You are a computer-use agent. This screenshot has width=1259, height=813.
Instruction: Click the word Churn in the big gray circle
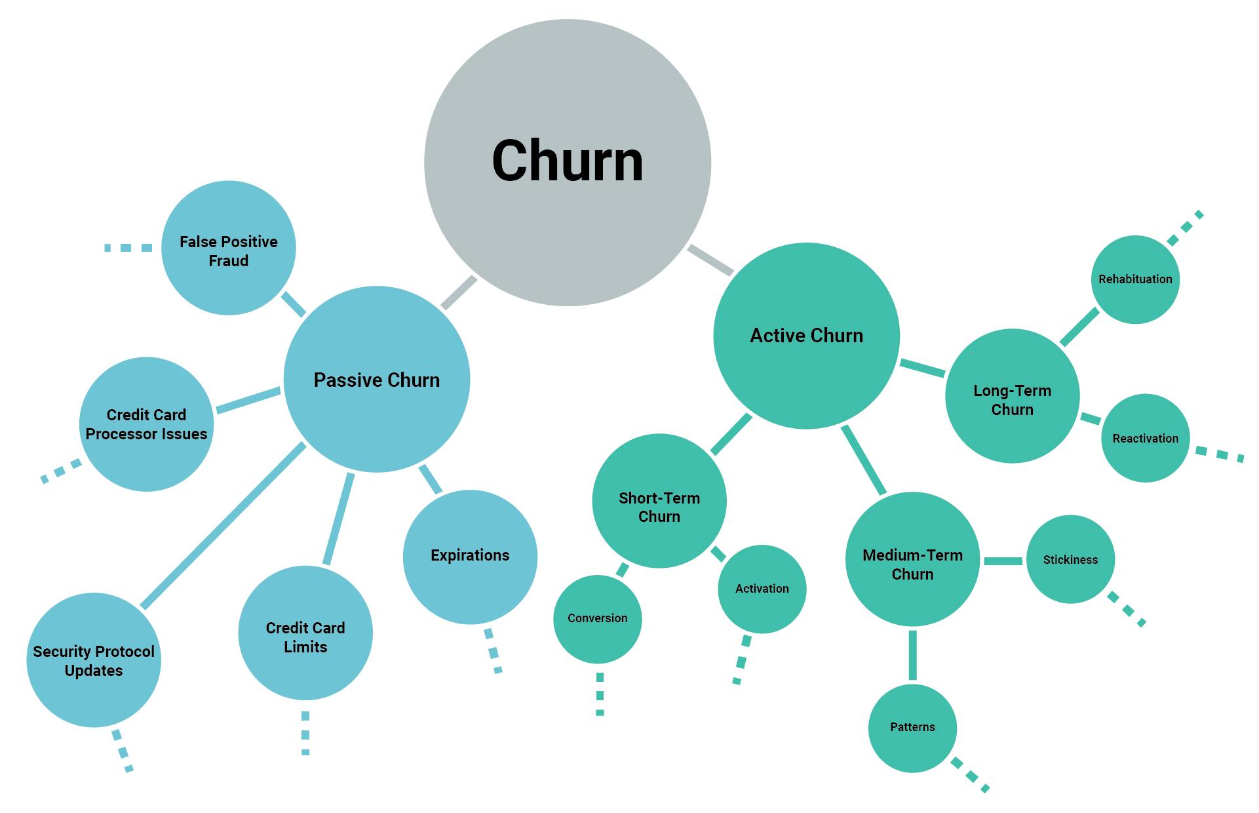(568, 161)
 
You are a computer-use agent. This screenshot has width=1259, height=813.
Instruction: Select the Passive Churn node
(376, 380)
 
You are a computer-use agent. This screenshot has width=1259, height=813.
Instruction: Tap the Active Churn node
(806, 336)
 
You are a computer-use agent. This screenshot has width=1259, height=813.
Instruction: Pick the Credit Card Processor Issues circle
(146, 424)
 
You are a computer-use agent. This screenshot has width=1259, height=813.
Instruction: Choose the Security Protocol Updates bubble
(94, 660)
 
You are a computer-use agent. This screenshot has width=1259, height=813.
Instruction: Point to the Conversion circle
(597, 619)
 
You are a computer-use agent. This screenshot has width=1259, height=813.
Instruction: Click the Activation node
(762, 589)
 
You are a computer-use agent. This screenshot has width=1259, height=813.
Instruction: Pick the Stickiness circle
(1070, 559)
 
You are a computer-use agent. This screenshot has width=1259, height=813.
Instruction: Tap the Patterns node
(912, 728)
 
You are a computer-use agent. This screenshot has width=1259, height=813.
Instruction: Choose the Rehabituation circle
(1135, 279)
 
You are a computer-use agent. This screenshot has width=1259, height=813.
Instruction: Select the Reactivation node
(1145, 438)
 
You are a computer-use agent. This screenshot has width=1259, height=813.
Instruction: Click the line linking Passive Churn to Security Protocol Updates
(223, 526)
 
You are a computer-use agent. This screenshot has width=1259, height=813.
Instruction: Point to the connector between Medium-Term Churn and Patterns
(912, 654)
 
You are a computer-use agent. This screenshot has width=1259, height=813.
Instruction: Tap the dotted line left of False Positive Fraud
(128, 248)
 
